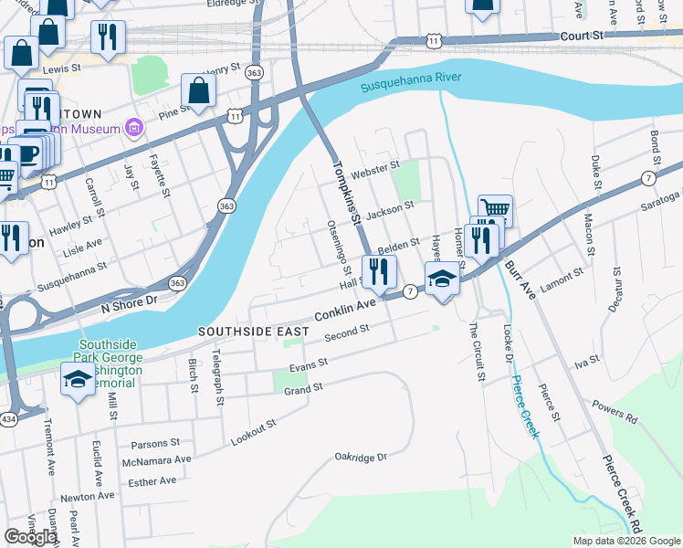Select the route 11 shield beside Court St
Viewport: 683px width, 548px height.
pos(434,42)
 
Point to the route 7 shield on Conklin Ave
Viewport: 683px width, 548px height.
pos(411,290)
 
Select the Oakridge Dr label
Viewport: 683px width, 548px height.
pos(361,456)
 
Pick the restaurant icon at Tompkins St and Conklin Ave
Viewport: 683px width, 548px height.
pos(379,270)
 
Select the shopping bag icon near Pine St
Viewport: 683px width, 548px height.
pos(198,90)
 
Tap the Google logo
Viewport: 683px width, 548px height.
pos(30,537)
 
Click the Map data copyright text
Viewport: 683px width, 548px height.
pos(625,541)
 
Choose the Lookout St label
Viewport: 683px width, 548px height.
pos(253,433)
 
